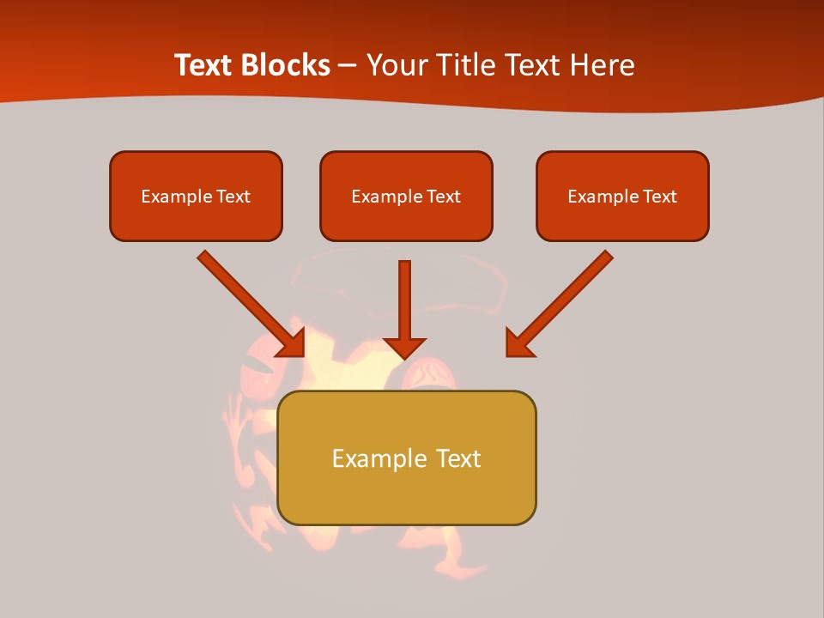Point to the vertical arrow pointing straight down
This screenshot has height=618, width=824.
(404, 300)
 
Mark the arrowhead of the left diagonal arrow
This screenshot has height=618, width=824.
(292, 342)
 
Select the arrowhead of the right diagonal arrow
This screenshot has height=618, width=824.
(518, 342)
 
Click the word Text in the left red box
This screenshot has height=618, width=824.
(233, 197)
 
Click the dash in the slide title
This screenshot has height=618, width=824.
(348, 65)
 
